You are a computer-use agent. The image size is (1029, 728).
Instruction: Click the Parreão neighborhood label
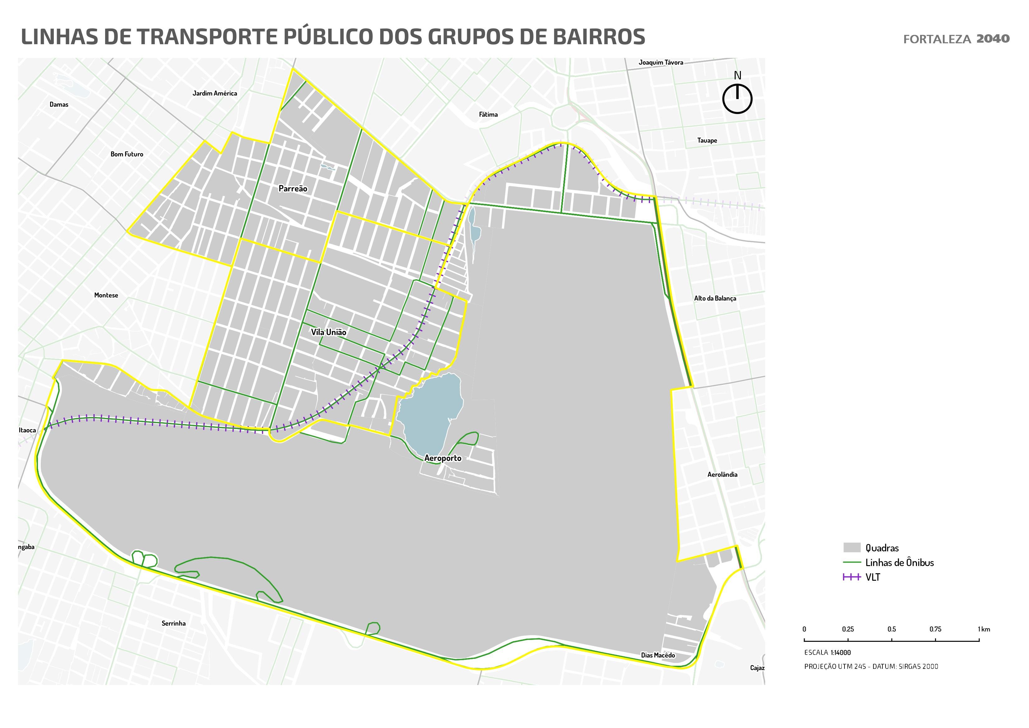point(293,189)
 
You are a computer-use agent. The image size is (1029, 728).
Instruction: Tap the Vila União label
point(329,332)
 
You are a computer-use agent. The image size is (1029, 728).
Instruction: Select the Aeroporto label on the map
point(443,458)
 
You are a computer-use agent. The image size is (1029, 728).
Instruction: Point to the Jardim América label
point(215,93)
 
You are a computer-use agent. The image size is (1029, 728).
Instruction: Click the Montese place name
point(106,295)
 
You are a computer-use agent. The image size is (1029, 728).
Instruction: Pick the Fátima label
point(488,114)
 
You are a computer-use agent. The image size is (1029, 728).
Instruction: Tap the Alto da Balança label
point(715,298)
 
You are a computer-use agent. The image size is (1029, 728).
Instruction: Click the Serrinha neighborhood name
point(173,623)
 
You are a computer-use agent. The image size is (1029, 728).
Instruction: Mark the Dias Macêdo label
point(657,655)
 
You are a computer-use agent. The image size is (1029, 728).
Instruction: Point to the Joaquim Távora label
point(661,62)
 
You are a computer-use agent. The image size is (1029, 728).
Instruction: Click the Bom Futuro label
point(127,154)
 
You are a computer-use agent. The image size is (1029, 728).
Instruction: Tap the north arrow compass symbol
point(737,98)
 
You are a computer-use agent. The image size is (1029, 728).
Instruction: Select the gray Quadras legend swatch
point(852,548)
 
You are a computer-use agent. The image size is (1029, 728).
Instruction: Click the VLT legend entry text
point(872,577)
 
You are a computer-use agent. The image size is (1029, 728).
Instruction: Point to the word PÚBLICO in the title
point(330,37)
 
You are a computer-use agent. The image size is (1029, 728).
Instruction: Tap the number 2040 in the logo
point(993,39)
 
